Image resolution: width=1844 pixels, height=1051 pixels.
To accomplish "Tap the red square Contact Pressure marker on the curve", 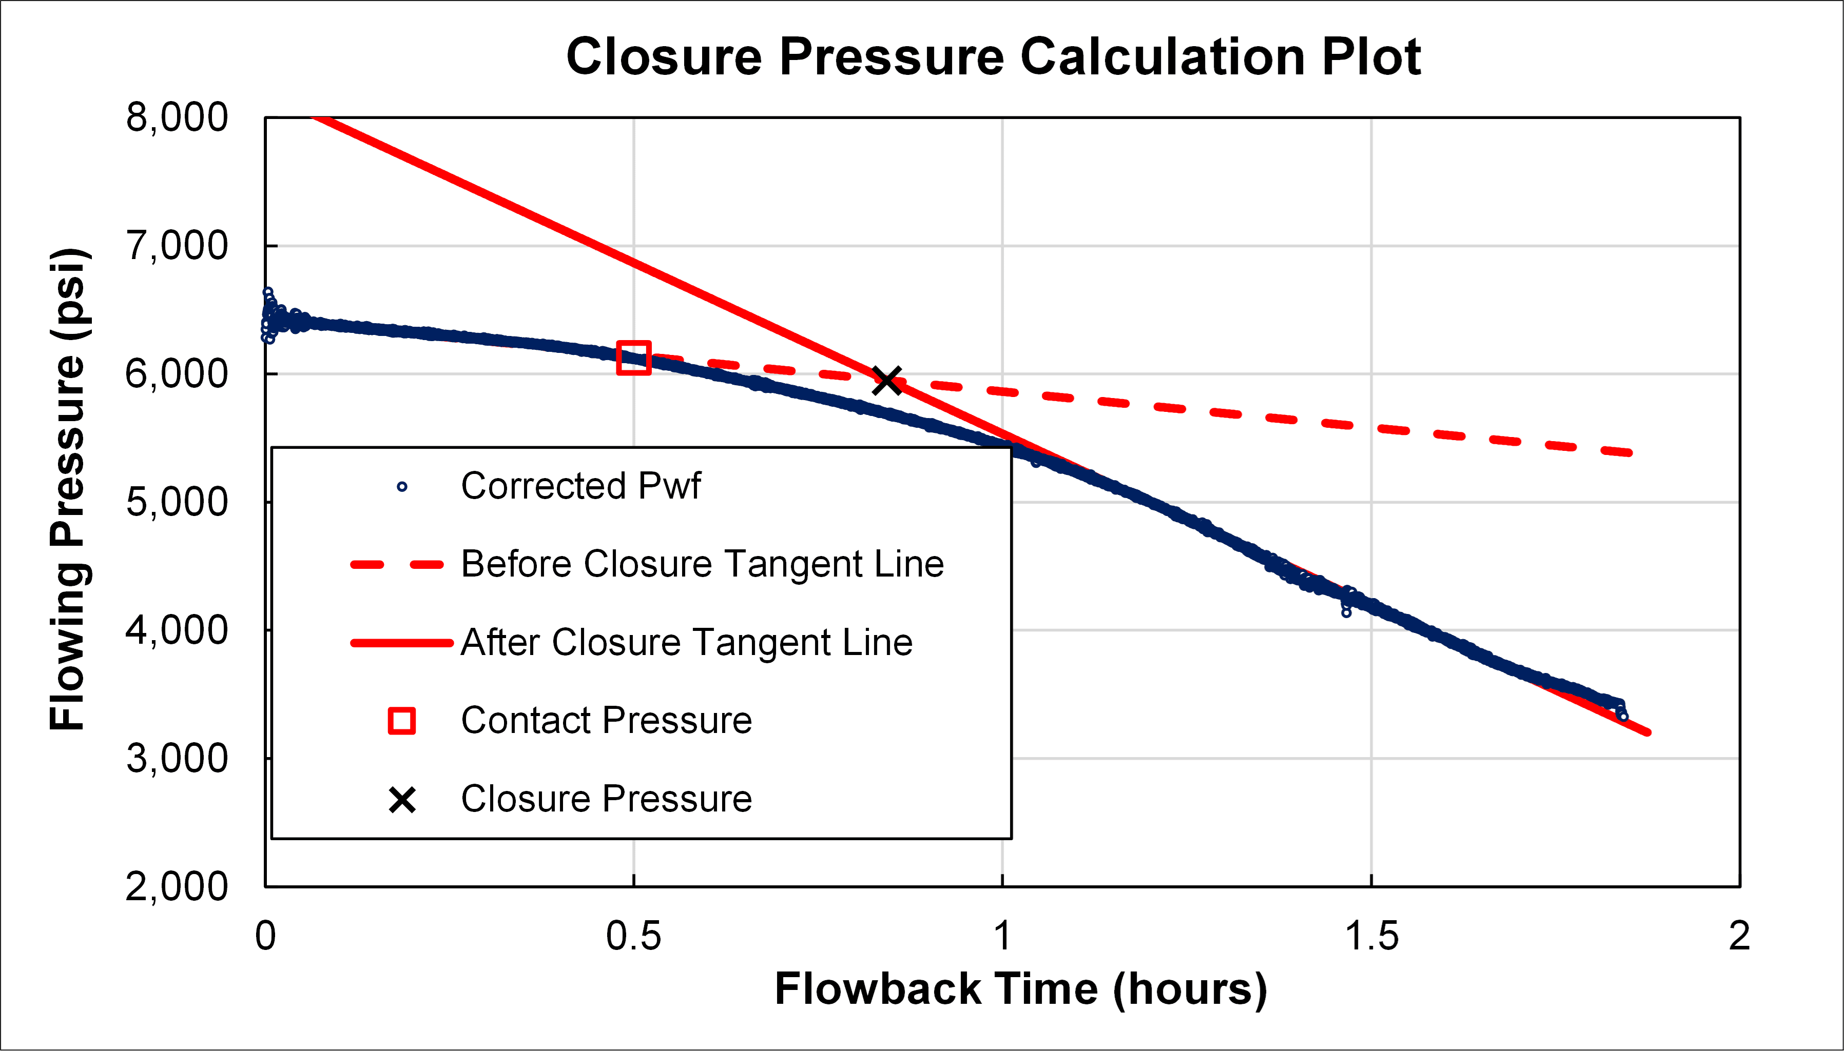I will pos(634,358).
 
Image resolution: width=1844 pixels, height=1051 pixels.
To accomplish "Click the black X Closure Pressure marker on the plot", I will pos(887,381).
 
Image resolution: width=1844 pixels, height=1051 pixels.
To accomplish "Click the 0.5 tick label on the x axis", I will pos(633,936).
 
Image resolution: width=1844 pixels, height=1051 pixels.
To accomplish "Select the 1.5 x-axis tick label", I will pos(1371,936).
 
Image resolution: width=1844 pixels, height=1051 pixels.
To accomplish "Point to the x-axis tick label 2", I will pos(1739,936).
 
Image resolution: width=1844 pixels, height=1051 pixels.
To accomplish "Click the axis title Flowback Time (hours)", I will pos(1021,989).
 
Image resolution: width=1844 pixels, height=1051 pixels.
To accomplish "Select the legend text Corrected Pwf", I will pos(580,486).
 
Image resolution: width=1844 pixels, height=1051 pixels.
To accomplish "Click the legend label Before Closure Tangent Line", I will pos(702,564).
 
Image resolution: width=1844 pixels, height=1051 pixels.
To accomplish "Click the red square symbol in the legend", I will pos(402,720).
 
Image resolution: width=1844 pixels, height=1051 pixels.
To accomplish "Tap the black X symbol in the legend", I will pos(402,800).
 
